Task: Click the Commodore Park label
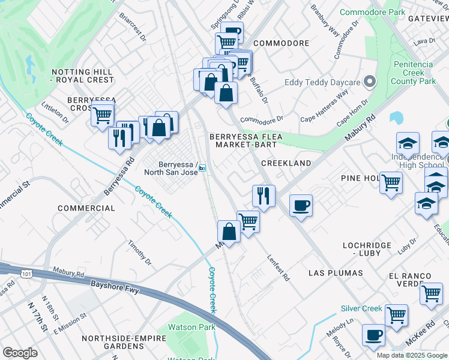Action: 373,12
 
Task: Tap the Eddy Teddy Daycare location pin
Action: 370,82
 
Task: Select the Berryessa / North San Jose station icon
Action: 203,168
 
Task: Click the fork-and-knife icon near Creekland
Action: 264,194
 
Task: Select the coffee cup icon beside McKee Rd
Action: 373,335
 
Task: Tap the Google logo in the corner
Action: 20,353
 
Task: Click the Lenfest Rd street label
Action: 278,268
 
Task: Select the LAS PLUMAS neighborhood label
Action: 336,273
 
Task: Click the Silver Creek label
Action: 361,308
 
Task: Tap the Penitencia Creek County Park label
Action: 414,73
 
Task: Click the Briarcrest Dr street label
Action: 133,26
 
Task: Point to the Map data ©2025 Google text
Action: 412,355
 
